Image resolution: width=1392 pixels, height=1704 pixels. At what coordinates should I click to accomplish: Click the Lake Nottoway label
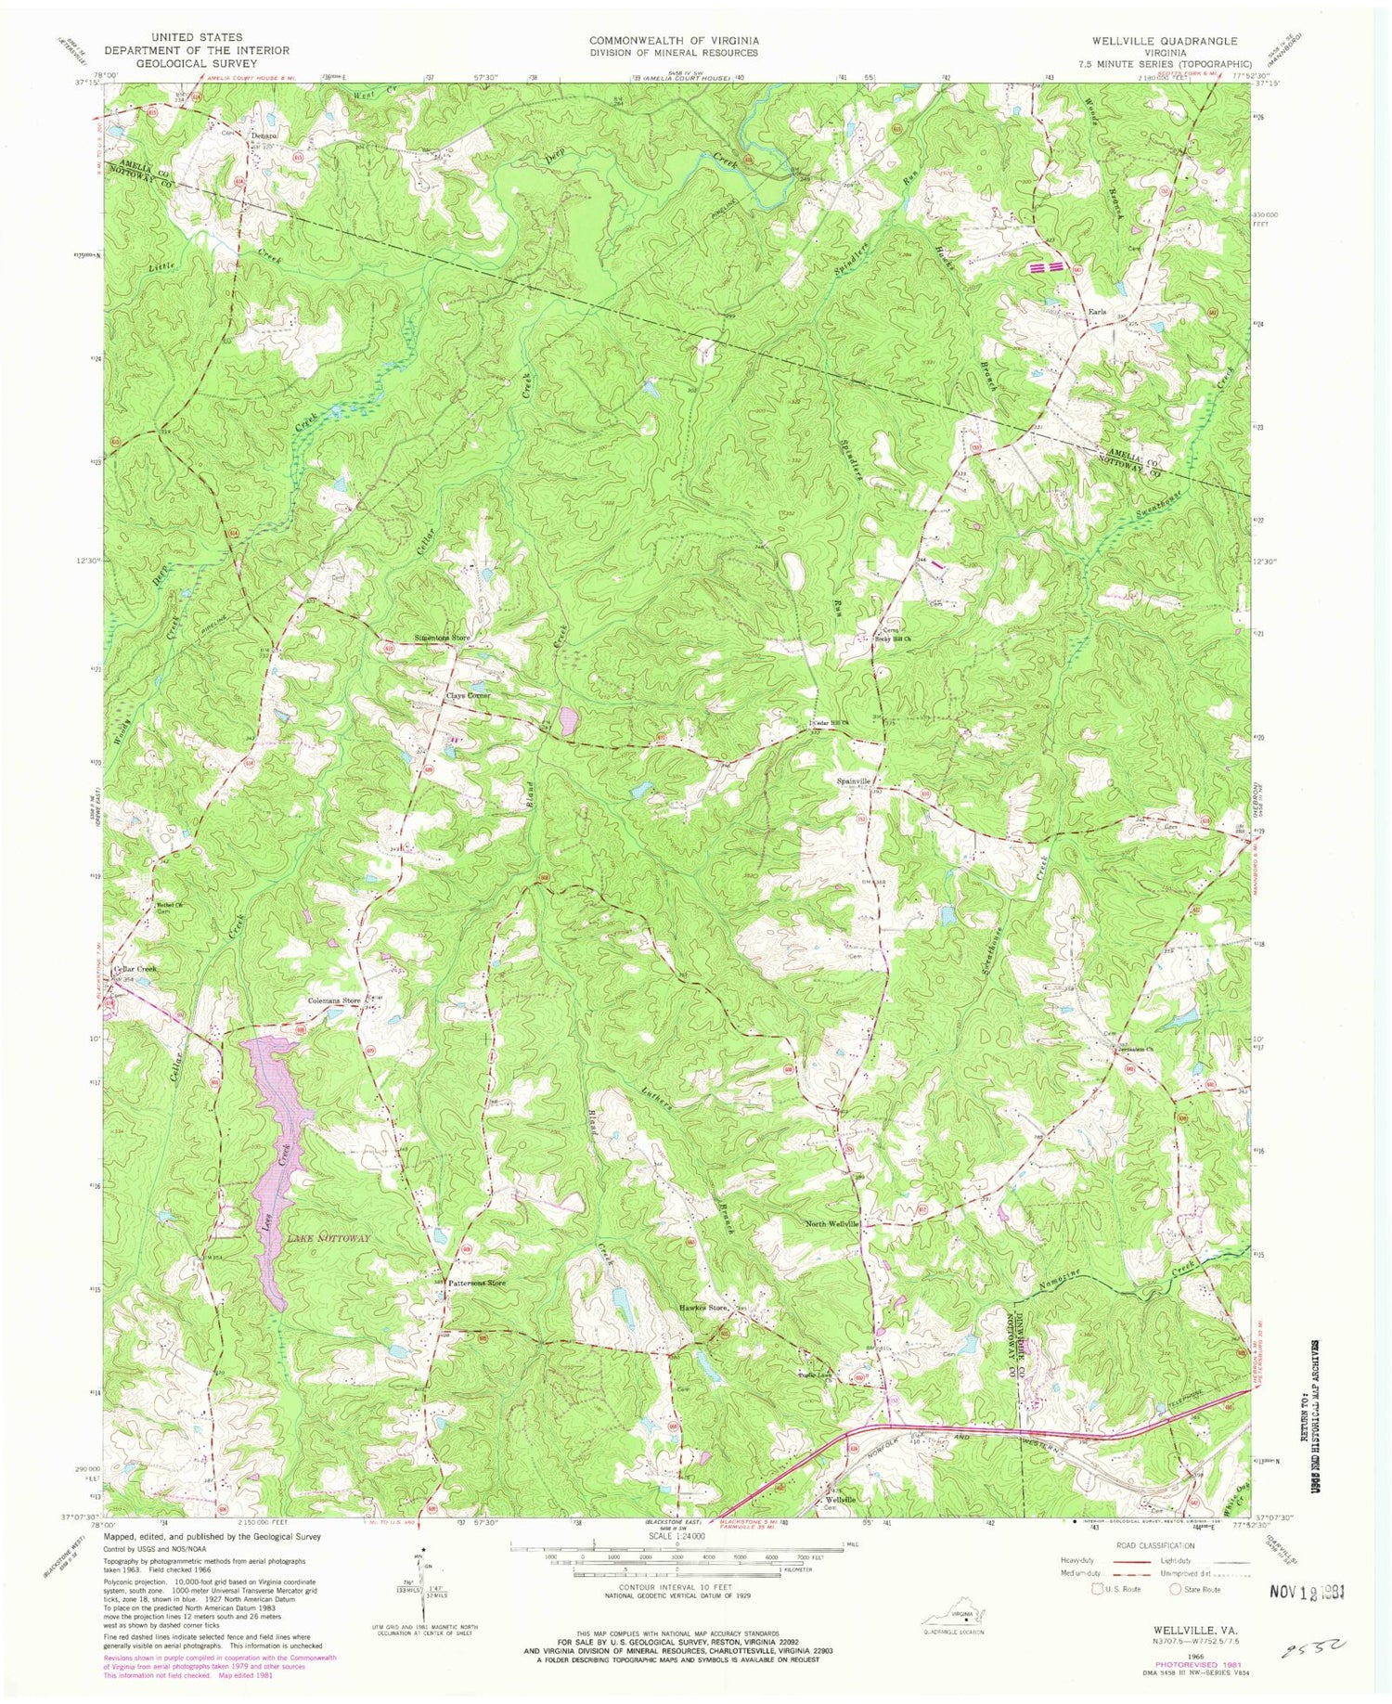pyautogui.click(x=329, y=1239)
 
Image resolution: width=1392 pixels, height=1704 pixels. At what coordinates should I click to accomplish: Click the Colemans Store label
pyautogui.click(x=335, y=1001)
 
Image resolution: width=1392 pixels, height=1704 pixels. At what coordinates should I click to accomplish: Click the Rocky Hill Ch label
pyautogui.click(x=893, y=639)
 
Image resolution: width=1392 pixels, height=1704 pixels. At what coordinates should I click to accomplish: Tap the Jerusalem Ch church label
pyautogui.click(x=1137, y=1051)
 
